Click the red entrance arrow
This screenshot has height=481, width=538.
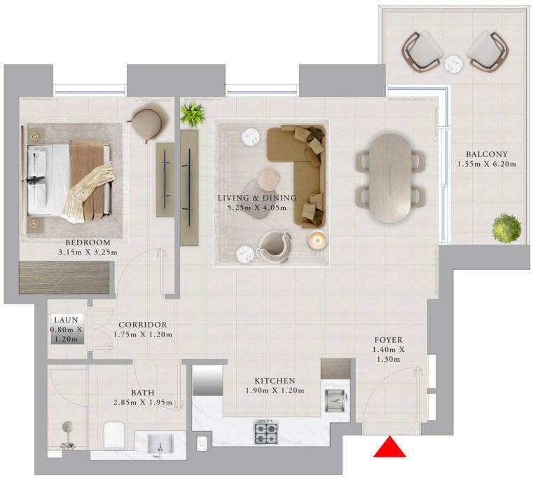[x=389, y=448]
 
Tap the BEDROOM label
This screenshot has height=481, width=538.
[x=88, y=243]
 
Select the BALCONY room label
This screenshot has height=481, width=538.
[x=487, y=154]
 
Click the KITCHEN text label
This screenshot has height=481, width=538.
[x=275, y=381]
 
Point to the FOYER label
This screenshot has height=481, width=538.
[x=388, y=340]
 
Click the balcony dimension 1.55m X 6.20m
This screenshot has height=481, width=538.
[x=487, y=164]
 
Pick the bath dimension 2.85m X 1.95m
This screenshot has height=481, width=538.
[x=143, y=402]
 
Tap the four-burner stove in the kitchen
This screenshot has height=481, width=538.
[x=266, y=431]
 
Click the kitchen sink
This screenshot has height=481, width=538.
[x=336, y=400]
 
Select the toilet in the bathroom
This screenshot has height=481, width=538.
[x=114, y=435]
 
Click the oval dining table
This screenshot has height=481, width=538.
[x=389, y=178]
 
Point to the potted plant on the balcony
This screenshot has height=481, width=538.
[x=506, y=228]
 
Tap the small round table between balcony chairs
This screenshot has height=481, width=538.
[x=454, y=64]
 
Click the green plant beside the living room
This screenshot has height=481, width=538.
[x=193, y=114]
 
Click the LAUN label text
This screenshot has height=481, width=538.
[x=67, y=320]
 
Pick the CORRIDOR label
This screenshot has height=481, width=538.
[x=143, y=325]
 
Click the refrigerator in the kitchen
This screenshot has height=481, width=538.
[x=207, y=380]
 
